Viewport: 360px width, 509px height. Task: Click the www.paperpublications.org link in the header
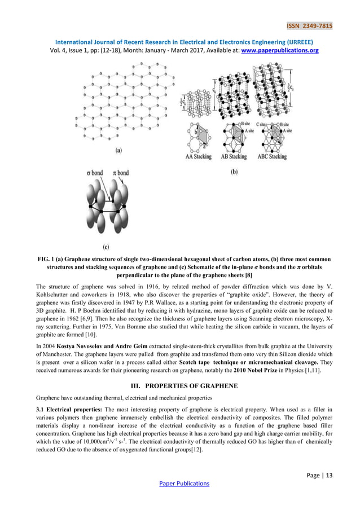tap(280, 50)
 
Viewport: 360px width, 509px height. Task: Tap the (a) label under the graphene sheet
tap(118, 151)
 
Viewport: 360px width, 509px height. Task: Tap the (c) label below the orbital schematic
tap(106, 247)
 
